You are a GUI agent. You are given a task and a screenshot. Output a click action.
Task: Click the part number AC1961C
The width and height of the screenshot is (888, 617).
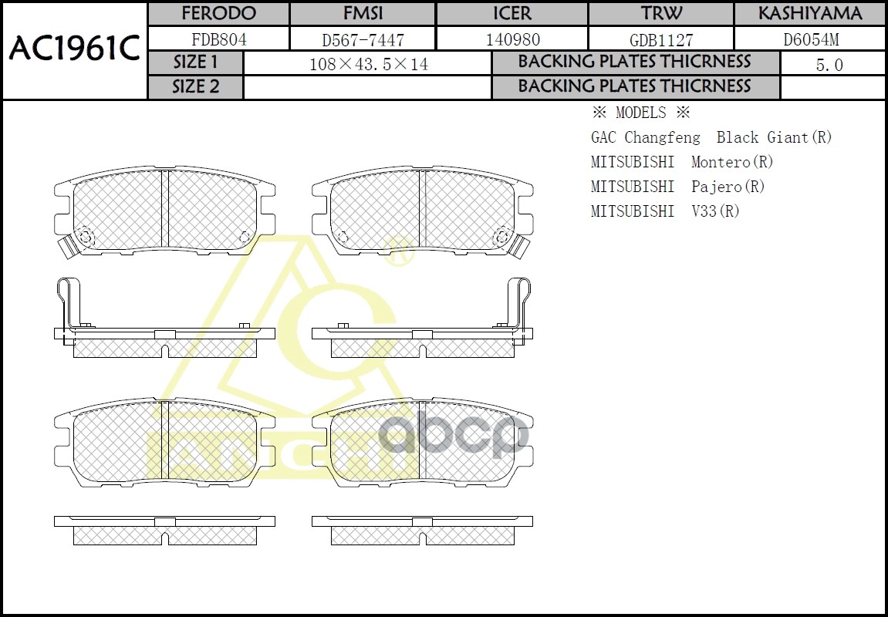click(74, 49)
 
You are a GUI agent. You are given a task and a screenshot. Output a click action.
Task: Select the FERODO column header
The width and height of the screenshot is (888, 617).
click(218, 14)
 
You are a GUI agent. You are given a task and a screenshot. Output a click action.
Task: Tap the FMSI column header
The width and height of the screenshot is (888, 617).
click(362, 14)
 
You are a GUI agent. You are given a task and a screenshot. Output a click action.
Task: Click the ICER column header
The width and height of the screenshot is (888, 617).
click(512, 14)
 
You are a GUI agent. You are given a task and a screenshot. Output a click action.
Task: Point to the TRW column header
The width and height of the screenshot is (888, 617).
click(660, 14)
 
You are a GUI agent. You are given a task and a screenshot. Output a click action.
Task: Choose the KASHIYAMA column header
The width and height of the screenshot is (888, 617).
click(809, 14)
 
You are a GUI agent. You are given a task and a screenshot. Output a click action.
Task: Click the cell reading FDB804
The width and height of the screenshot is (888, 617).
click(218, 39)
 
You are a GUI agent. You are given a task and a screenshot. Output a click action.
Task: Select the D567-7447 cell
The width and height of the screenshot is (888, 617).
click(362, 40)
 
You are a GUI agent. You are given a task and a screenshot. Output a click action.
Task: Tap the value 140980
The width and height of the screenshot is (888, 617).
click(512, 39)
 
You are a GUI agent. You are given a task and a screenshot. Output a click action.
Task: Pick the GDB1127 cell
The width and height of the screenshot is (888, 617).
click(660, 40)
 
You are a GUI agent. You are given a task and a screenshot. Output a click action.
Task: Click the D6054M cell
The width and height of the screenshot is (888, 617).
click(810, 39)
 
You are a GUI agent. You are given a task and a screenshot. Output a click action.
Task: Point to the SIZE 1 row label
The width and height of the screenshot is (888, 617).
click(195, 62)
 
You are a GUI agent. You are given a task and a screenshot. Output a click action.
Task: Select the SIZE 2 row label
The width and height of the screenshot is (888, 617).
click(195, 87)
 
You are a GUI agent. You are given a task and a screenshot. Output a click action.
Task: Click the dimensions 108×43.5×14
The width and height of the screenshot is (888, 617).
click(368, 65)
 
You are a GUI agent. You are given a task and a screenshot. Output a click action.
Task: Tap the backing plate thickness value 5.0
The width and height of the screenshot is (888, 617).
click(829, 66)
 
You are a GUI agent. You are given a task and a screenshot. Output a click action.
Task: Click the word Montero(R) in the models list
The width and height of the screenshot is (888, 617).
click(732, 162)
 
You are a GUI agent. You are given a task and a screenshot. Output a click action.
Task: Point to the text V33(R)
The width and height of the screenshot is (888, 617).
click(715, 211)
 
